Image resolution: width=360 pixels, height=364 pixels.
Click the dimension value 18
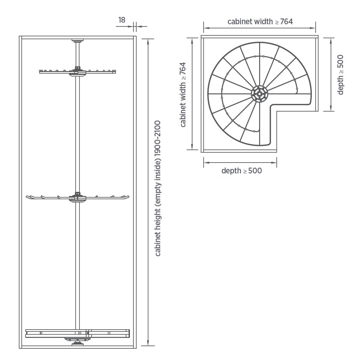[122, 20]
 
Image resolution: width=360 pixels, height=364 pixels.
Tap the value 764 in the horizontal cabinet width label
[286, 22]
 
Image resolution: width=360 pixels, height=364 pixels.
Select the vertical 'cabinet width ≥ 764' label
[183, 94]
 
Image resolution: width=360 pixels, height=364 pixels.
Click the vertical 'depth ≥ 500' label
[340, 75]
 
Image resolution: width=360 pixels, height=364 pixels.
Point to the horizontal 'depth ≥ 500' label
[242, 171]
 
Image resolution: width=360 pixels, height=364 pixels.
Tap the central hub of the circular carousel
[259, 94]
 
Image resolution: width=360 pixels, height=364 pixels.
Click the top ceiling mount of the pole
[77, 40]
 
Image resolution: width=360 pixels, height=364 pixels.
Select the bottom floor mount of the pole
[77, 344]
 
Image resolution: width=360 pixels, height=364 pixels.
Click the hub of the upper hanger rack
[77, 72]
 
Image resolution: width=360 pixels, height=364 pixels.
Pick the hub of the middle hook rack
[77, 197]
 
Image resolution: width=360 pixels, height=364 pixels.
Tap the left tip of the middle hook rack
[26, 197]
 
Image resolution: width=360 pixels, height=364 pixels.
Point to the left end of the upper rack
[40, 72]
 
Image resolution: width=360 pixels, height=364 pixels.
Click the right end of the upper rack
[115, 72]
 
